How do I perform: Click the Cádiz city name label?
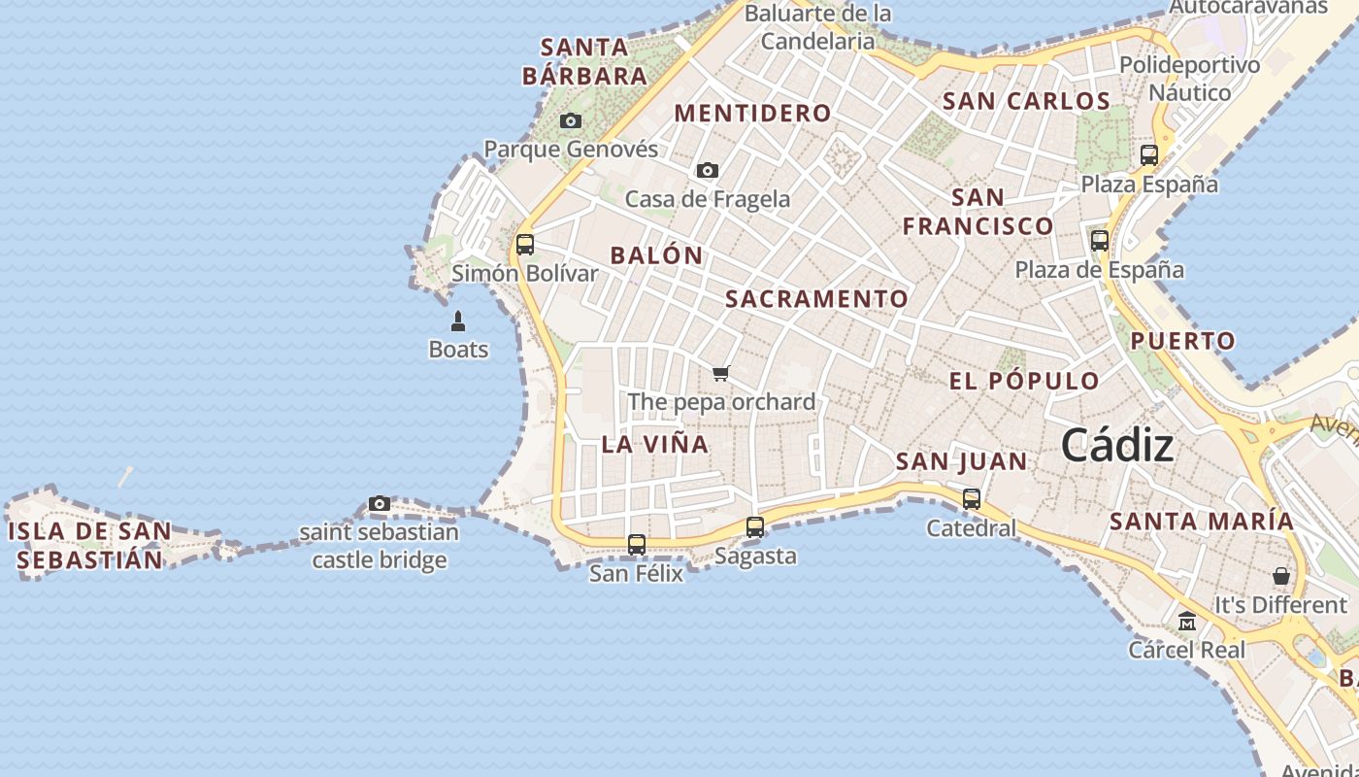point(1116,446)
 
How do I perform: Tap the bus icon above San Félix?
point(637,545)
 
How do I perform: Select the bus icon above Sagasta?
point(755,527)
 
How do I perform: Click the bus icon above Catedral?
point(972,499)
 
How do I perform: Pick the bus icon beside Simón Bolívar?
point(525,245)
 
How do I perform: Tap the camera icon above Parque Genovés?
point(571,121)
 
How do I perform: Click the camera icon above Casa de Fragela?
point(708,171)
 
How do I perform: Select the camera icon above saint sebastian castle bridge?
point(380,504)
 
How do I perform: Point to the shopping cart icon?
point(720,374)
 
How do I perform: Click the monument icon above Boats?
point(458,321)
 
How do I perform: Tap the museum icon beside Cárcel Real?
point(1186,621)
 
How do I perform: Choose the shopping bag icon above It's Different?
point(1281,576)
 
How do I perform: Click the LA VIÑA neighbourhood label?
point(655,445)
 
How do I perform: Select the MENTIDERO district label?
point(753,114)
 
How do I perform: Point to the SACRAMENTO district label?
point(816,299)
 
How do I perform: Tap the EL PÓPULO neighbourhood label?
point(1024,381)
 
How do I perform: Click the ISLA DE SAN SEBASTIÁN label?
point(89,546)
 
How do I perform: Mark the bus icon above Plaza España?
point(1149,155)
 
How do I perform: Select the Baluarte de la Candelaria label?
point(817,27)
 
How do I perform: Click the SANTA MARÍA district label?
point(1202,522)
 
